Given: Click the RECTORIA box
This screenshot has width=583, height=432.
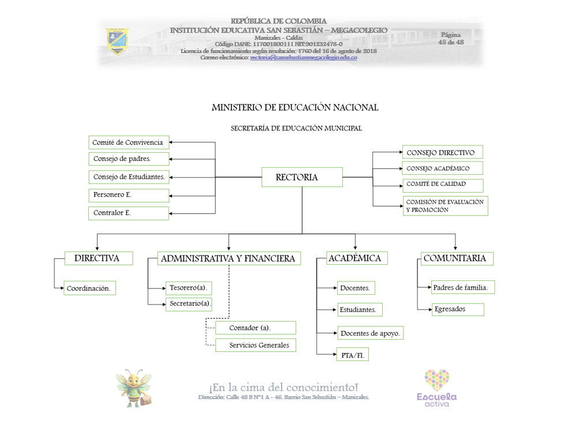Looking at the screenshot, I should pyautogui.click(x=302, y=177).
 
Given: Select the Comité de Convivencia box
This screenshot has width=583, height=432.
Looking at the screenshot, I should pyautogui.click(x=129, y=142).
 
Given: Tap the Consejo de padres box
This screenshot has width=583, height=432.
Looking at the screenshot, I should pyautogui.click(x=129, y=159).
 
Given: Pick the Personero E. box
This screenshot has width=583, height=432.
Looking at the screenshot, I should pyautogui.click(x=129, y=195).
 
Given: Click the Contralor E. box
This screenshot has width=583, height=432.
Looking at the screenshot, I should pyautogui.click(x=129, y=213).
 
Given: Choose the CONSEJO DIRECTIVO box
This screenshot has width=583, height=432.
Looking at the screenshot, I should pyautogui.click(x=442, y=152).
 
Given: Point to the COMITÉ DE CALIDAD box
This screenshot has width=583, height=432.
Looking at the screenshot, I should pyautogui.click(x=442, y=185).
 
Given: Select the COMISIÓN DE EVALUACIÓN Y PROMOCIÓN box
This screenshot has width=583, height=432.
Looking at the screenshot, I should pyautogui.click(x=446, y=206).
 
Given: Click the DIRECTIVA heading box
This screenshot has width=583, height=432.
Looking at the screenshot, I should pyautogui.click(x=98, y=258).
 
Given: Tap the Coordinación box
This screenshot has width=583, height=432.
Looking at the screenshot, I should pyautogui.click(x=89, y=288).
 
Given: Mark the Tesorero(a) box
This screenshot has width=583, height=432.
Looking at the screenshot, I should pyautogui.click(x=188, y=287).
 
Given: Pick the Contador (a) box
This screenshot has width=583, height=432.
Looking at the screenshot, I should pyautogui.click(x=255, y=328).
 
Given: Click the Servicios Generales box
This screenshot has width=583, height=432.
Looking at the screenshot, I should pyautogui.click(x=255, y=345).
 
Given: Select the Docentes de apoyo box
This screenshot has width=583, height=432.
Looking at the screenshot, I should pyautogui.click(x=370, y=333).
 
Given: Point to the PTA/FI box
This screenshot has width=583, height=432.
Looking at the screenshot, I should pyautogui.click(x=352, y=355).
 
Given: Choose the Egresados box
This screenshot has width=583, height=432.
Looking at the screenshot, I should pyautogui.click(x=457, y=309).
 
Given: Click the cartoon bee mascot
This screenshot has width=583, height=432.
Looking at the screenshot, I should pyautogui.click(x=134, y=388).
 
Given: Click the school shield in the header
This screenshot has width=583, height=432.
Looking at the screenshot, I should pyautogui.click(x=117, y=41).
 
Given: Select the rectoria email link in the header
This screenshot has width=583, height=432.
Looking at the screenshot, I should pyautogui.click(x=303, y=58).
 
